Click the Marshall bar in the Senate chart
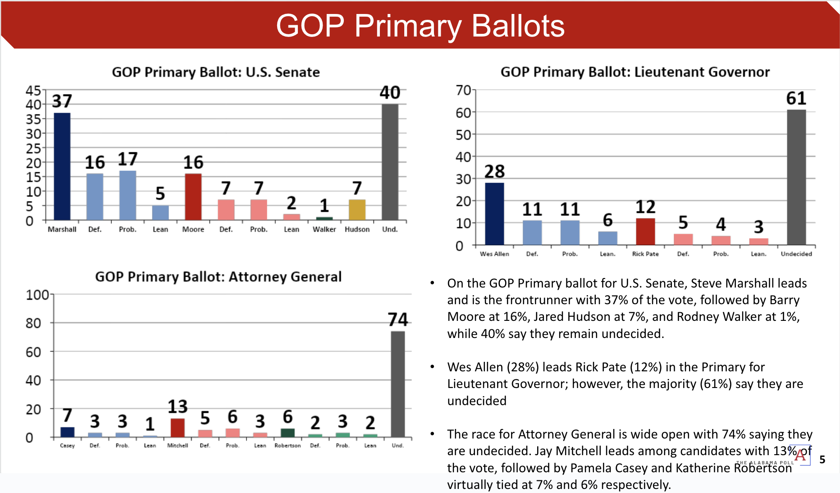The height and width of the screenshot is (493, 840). pyautogui.click(x=62, y=166)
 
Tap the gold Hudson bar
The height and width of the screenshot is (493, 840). pyautogui.click(x=357, y=210)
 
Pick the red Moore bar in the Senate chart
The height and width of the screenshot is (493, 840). pyautogui.click(x=193, y=197)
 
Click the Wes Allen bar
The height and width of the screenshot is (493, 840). pyautogui.click(x=494, y=214)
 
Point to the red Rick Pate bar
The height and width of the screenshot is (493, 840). pyautogui.click(x=645, y=231)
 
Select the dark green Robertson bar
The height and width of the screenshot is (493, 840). pyautogui.click(x=288, y=433)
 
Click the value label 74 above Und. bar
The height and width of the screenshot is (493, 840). pyautogui.click(x=397, y=320)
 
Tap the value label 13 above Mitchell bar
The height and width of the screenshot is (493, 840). pyautogui.click(x=178, y=406)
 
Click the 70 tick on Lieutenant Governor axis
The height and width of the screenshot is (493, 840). pyautogui.click(x=463, y=91)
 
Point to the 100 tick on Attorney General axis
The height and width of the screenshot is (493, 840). pyautogui.click(x=37, y=295)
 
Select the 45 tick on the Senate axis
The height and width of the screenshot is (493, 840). pyautogui.click(x=33, y=91)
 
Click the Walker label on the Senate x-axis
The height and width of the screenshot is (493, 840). pyautogui.click(x=324, y=229)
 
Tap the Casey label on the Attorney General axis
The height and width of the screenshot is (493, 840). pyautogui.click(x=67, y=446)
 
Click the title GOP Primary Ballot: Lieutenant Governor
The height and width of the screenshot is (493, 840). pyautogui.click(x=635, y=72)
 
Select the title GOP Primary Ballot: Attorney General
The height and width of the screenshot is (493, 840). pyautogui.click(x=218, y=277)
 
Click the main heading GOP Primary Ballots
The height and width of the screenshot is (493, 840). pyautogui.click(x=420, y=26)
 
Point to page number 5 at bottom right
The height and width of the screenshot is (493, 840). pyautogui.click(x=822, y=460)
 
